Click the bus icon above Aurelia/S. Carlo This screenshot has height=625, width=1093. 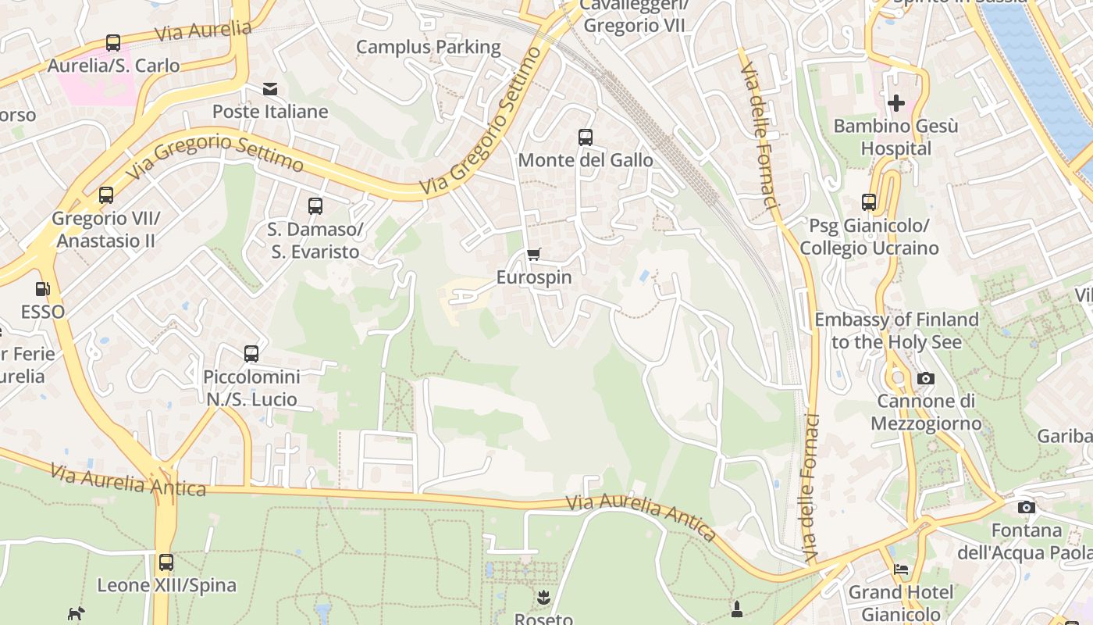(113, 43)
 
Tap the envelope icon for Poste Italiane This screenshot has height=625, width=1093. (270, 89)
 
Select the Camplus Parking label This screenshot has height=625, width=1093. (429, 47)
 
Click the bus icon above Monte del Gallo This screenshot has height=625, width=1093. (586, 137)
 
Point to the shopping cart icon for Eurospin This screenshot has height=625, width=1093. (534, 254)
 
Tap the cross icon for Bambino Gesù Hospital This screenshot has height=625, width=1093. (896, 102)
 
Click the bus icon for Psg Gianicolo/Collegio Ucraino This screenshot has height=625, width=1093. (869, 202)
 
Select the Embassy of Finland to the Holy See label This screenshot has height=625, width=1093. (896, 330)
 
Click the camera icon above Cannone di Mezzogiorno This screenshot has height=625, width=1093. (926, 378)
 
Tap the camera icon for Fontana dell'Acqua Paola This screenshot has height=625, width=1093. (1027, 508)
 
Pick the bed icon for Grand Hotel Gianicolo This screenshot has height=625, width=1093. (901, 570)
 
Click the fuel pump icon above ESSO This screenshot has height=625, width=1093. (43, 289)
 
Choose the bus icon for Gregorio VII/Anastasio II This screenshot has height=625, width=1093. (106, 195)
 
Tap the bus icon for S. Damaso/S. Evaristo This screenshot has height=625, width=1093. (315, 206)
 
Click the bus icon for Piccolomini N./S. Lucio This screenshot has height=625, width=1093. (251, 354)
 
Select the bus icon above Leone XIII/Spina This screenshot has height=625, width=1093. (166, 562)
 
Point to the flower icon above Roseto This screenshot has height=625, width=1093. (543, 598)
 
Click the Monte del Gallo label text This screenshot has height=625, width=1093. (586, 160)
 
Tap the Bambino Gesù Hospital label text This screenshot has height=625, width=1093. (895, 137)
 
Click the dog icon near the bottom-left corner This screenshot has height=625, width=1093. (76, 614)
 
